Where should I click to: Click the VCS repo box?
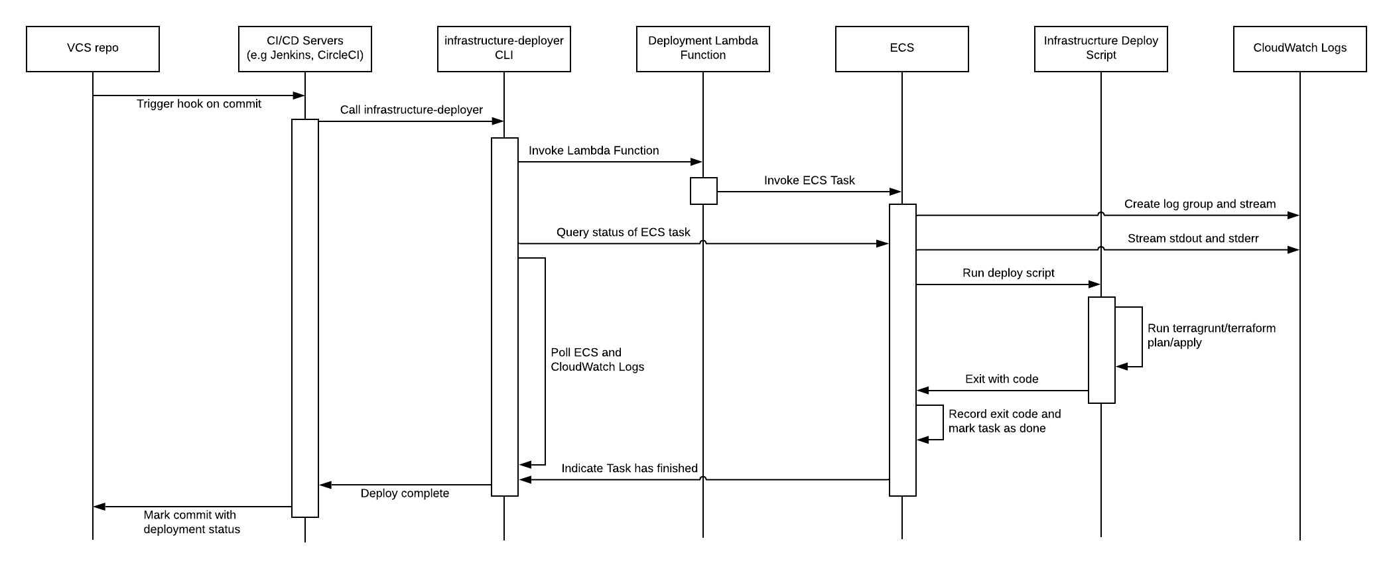point(93,48)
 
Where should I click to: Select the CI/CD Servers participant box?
point(305,48)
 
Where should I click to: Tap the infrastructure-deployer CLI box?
point(504,48)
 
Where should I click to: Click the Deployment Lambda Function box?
point(703,48)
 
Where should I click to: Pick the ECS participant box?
point(902,48)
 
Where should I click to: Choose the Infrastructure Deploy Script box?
point(1101,48)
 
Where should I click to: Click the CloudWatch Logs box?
point(1300,48)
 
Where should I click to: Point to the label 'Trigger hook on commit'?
point(199,104)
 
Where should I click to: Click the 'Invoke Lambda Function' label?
point(594,151)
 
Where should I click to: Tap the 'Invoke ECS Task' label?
point(809,180)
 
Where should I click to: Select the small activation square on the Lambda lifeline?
point(703,191)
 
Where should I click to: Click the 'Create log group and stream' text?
point(1200,204)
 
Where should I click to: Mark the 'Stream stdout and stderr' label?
point(1193,239)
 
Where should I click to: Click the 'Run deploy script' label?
point(1008,273)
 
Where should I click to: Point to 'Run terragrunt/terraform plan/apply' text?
point(1211,336)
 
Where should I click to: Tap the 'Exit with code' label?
point(1002,379)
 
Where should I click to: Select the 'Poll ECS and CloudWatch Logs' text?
point(597,359)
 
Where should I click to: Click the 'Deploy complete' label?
point(405,493)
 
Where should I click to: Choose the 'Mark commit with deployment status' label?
point(192,522)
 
